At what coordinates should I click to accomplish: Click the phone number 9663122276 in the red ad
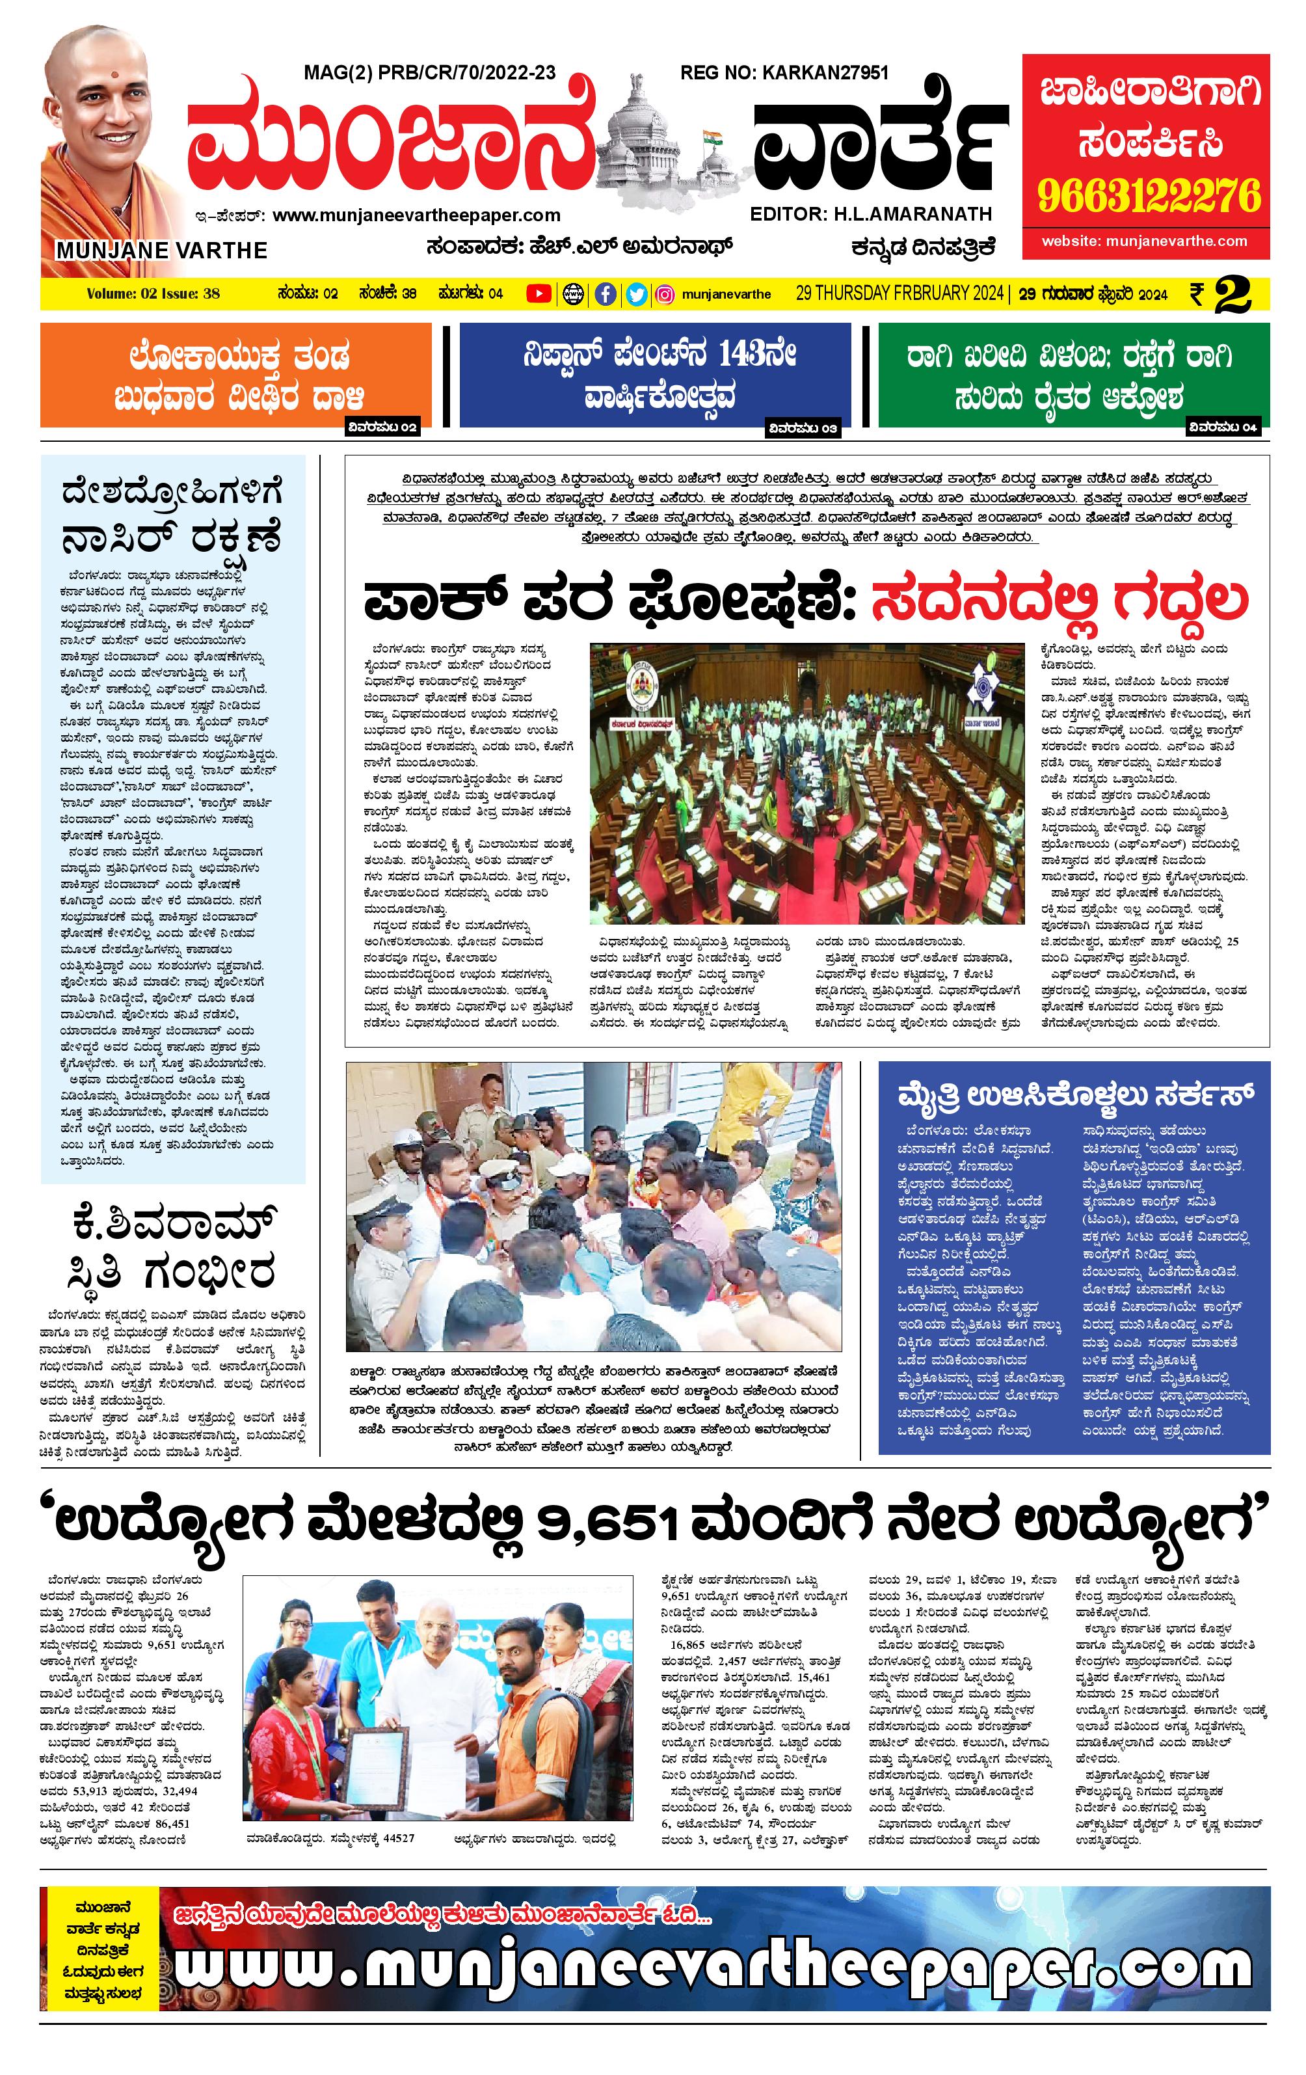point(1149,197)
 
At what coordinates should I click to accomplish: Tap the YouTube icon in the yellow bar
point(539,294)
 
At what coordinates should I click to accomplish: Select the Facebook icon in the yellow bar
point(606,294)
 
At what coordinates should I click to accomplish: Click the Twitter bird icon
point(637,294)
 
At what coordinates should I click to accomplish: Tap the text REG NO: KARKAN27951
point(784,74)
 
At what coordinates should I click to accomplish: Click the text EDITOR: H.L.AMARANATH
point(871,213)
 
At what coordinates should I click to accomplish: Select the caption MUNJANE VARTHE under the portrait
point(162,251)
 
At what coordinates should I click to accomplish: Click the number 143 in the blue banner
point(756,354)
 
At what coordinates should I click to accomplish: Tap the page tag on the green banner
point(1223,427)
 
